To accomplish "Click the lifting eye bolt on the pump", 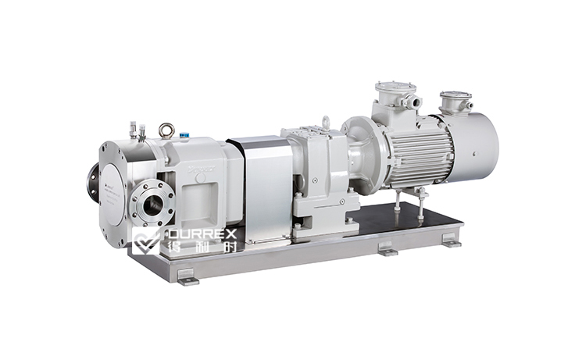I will (x=166, y=130).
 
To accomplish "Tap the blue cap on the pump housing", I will (x=184, y=134).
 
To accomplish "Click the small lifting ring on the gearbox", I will (x=324, y=123).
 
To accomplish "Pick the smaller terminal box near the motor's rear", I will (x=455, y=102).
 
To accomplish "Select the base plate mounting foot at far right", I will (x=451, y=243).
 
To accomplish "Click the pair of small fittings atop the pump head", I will (x=138, y=130).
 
